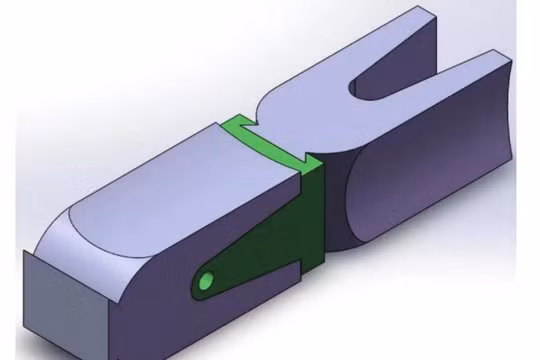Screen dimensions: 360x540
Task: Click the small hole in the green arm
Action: (x=206, y=281)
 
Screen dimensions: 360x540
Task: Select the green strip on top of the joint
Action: (x=245, y=132)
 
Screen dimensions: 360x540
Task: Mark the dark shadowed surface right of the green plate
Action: (x=335, y=210)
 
